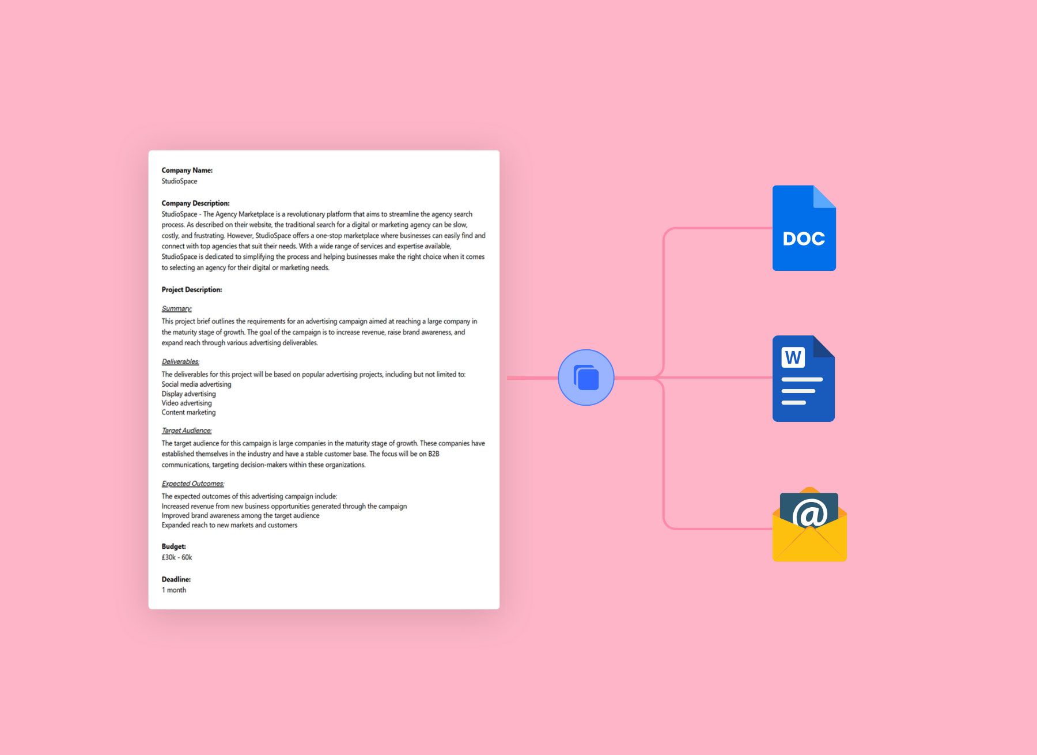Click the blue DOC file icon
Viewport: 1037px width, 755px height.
(x=804, y=228)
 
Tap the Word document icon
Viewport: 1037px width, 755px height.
(x=803, y=379)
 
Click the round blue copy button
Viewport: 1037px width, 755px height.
(x=586, y=377)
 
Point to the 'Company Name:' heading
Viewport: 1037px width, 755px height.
(x=187, y=170)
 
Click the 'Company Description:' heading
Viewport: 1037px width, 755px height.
(x=195, y=203)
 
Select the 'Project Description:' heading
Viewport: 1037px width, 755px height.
(x=191, y=289)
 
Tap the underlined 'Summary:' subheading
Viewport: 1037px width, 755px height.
(x=176, y=308)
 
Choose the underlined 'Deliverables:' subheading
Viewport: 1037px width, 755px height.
(x=180, y=361)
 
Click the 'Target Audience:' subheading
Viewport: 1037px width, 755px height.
(x=186, y=431)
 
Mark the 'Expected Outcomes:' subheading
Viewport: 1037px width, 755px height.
(x=192, y=484)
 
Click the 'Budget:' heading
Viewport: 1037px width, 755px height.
(x=173, y=546)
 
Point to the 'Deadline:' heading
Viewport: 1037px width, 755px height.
(x=176, y=579)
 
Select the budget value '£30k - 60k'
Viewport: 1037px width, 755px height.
(x=176, y=557)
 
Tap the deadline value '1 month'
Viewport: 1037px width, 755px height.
(x=173, y=590)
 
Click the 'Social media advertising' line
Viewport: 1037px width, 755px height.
(x=196, y=384)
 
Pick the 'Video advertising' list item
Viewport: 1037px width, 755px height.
(x=186, y=403)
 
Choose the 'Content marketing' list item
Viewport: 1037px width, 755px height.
(x=188, y=412)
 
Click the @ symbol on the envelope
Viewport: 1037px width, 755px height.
(x=809, y=513)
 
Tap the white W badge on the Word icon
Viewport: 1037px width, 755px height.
(x=793, y=357)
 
